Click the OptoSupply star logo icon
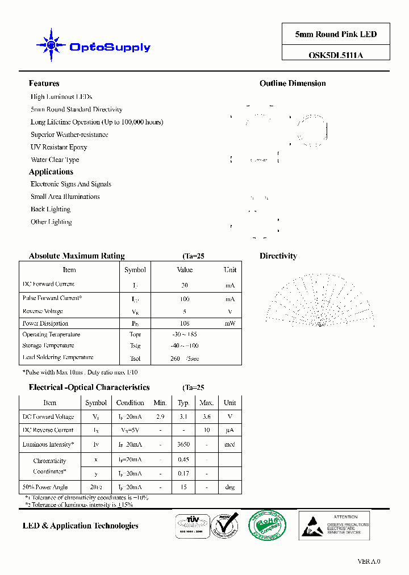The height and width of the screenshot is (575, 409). pyautogui.click(x=51, y=44)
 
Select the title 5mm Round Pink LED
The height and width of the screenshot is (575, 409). pyautogui.click(x=336, y=34)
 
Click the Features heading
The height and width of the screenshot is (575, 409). pyautogui.click(x=44, y=84)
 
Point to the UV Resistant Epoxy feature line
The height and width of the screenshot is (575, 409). pyautogui.click(x=59, y=147)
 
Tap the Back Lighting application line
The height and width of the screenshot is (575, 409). pyautogui.click(x=51, y=209)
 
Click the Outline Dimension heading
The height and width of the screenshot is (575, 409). pyautogui.click(x=293, y=84)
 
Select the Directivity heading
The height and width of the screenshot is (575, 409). pyautogui.click(x=278, y=256)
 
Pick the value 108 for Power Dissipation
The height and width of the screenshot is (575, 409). pyautogui.click(x=185, y=323)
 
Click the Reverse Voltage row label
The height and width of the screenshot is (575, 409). pyautogui.click(x=43, y=311)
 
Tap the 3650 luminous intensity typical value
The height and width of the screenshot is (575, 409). pyautogui.click(x=183, y=444)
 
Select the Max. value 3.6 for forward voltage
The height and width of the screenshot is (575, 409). pyautogui.click(x=206, y=416)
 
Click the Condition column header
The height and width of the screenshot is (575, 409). pyautogui.click(x=130, y=403)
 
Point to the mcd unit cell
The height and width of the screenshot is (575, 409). pyautogui.click(x=229, y=444)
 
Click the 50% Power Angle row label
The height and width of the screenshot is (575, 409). pyautogui.click(x=45, y=487)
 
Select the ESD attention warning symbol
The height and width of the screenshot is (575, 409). pyautogui.click(x=311, y=524)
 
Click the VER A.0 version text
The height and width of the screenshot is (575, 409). pyautogui.click(x=369, y=561)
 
